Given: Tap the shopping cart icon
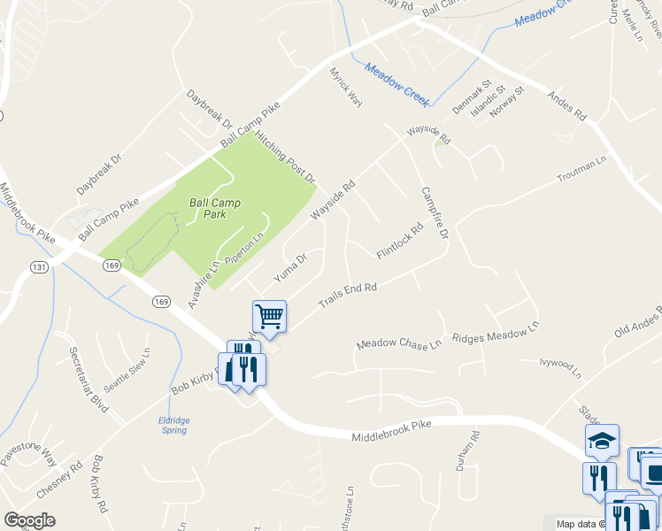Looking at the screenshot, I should pyautogui.click(x=269, y=314).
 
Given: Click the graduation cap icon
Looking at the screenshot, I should pyautogui.click(x=602, y=440).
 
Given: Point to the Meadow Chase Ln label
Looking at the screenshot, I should pyautogui.click(x=398, y=343).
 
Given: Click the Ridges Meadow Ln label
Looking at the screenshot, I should pyautogui.click(x=495, y=333).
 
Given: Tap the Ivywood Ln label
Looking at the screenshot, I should pyautogui.click(x=561, y=367).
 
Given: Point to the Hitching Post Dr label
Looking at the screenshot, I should pyautogui.click(x=285, y=158).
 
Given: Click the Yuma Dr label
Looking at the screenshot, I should pyautogui.click(x=290, y=268).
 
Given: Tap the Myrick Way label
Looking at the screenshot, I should pyautogui.click(x=346, y=87).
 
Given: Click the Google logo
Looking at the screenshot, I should pyautogui.click(x=29, y=520).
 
